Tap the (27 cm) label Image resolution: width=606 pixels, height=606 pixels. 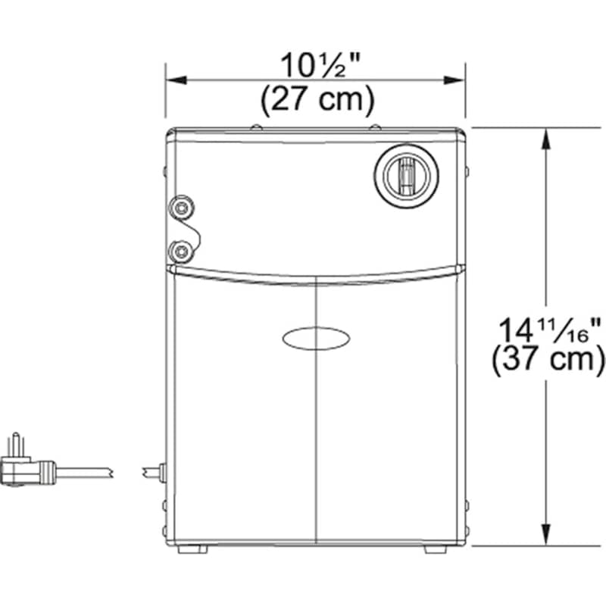pyautogui.click(x=316, y=100)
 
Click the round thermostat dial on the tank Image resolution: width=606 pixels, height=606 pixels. pyautogui.click(x=406, y=175)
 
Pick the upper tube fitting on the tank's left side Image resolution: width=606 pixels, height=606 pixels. pyautogui.click(x=180, y=207)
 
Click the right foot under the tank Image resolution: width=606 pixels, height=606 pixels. pyautogui.click(x=436, y=549)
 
